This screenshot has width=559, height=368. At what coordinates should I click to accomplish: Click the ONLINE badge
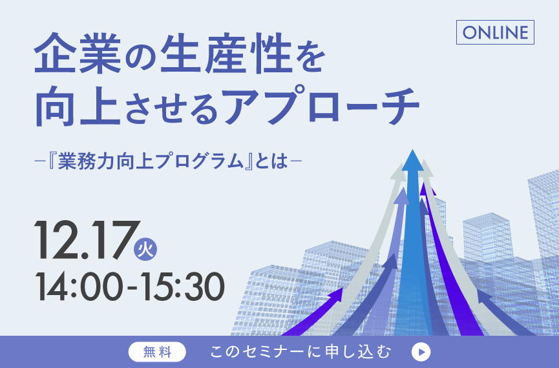point(495,32)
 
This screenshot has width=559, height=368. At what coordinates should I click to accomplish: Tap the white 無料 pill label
point(157,352)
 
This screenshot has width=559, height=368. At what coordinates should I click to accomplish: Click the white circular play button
point(421,352)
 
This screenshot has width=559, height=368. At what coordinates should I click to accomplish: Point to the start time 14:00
point(77,287)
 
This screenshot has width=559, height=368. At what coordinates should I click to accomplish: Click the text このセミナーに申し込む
point(301,352)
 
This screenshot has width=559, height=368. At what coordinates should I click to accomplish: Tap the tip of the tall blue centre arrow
point(412,150)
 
